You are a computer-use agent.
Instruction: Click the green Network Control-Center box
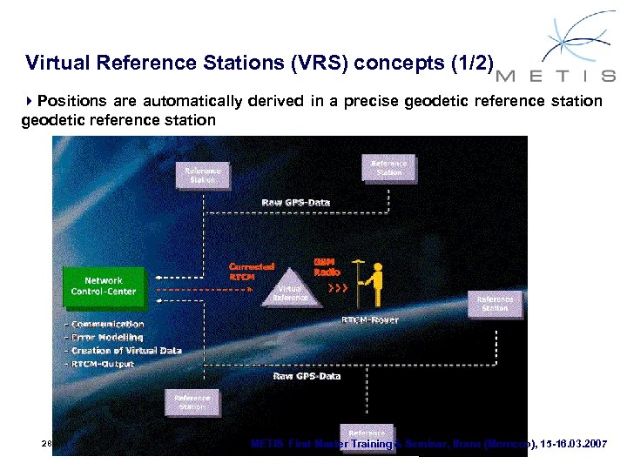(104, 285)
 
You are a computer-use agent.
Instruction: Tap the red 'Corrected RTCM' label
(252, 271)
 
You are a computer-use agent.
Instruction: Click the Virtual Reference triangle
(291, 293)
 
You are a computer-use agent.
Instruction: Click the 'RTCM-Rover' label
(369, 320)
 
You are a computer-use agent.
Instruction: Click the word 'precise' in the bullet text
(372, 101)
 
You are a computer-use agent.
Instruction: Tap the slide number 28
(46, 444)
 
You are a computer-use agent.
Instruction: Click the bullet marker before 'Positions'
(30, 101)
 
